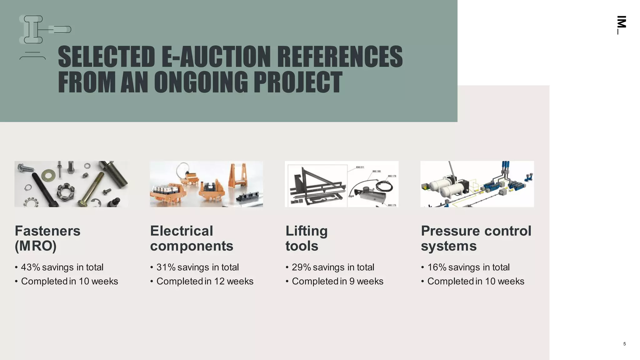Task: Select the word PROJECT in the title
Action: pyautogui.click(x=297, y=82)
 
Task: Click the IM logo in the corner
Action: pyautogui.click(x=621, y=24)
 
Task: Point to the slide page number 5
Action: pyautogui.click(x=624, y=344)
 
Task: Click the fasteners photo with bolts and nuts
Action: pyautogui.click(x=71, y=184)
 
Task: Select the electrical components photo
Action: pyautogui.click(x=206, y=184)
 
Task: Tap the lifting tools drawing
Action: pyautogui.click(x=342, y=184)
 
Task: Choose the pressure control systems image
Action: pyautogui.click(x=477, y=184)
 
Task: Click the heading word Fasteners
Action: pyautogui.click(x=47, y=231)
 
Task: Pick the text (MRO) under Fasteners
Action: pyautogui.click(x=36, y=246)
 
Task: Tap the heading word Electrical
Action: pyautogui.click(x=182, y=231)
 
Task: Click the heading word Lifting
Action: pyautogui.click(x=306, y=231)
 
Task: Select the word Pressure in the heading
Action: pyautogui.click(x=449, y=231)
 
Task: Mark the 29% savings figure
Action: pyautogui.click(x=301, y=267)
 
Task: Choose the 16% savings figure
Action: pyautogui.click(x=437, y=267)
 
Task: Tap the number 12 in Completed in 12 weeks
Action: pyautogui.click(x=219, y=281)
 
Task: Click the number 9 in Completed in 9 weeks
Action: pyautogui.click(x=352, y=281)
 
